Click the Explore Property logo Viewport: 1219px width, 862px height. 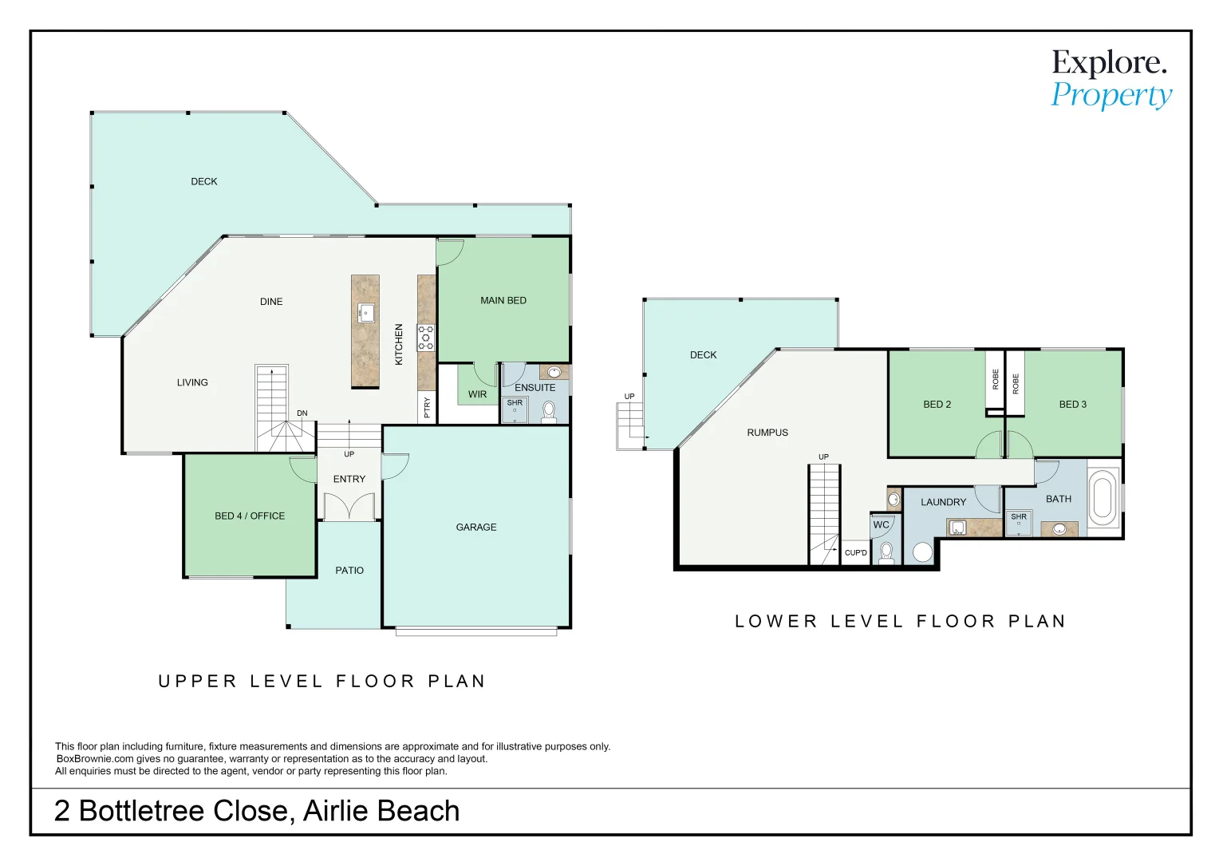[1111, 78]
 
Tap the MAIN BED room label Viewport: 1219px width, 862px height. [503, 301]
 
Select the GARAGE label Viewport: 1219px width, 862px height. [475, 528]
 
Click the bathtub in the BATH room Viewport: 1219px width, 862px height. [1103, 498]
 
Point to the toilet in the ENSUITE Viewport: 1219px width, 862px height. [549, 411]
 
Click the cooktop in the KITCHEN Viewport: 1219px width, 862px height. [426, 337]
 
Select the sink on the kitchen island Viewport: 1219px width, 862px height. [365, 312]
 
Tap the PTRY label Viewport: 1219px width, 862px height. [427, 407]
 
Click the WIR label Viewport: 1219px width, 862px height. [477, 394]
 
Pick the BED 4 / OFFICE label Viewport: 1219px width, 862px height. [250, 516]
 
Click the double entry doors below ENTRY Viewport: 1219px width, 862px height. [349, 507]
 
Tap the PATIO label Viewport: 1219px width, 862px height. [349, 571]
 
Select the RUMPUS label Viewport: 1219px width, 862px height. [767, 433]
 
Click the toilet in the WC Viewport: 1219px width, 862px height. [886, 552]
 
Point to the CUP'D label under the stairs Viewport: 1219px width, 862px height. [855, 552]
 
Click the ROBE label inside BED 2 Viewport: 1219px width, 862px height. [995, 379]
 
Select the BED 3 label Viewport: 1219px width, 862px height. [1072, 405]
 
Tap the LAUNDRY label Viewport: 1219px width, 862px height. [943, 502]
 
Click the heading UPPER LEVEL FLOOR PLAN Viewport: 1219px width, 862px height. [322, 682]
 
